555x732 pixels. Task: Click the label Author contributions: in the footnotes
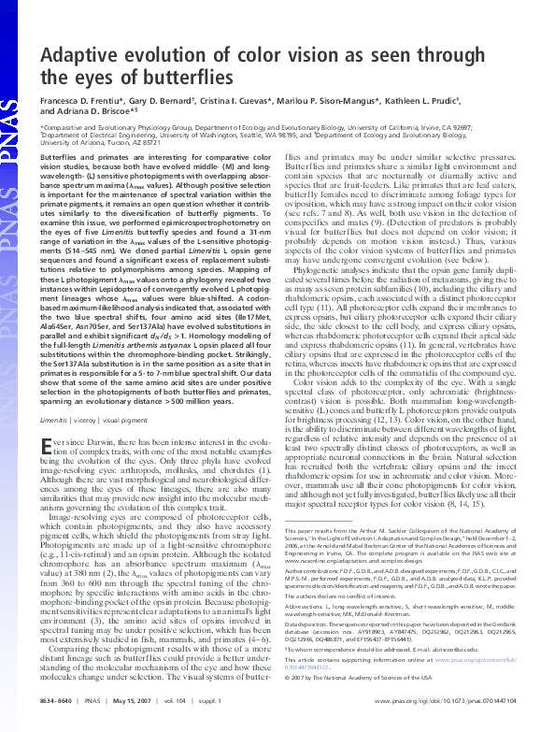[x=326, y=597]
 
